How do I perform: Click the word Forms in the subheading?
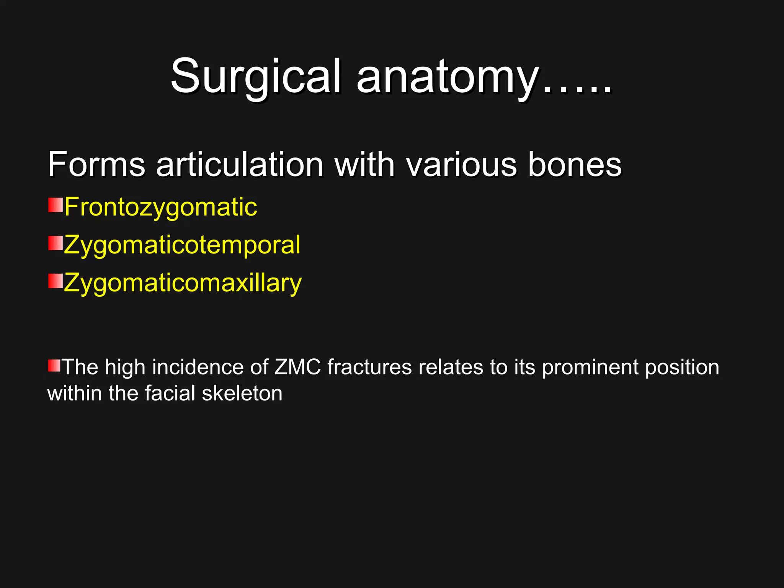pos(96,165)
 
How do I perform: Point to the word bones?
pos(575,165)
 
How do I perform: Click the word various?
pos(461,165)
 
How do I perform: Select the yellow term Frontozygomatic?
pos(160,207)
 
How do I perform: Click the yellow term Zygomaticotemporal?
pos(182,245)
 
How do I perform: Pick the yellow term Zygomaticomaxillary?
pos(183,283)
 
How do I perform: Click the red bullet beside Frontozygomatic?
pos(55,205)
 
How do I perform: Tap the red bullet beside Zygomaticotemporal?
pos(55,243)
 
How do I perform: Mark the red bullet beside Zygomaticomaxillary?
pos(55,281)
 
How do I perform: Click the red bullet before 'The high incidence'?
pos(54,366)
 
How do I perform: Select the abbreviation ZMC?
pos(297,367)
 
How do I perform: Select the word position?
pos(682,367)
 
